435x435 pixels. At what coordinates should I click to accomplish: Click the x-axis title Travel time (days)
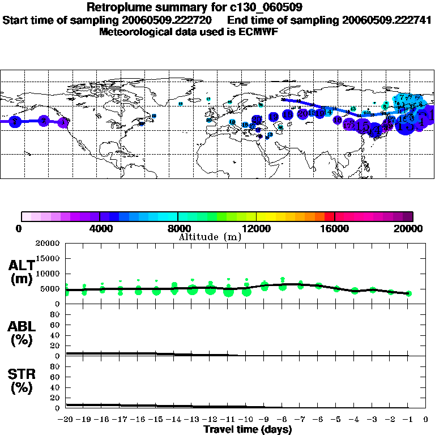[248, 429]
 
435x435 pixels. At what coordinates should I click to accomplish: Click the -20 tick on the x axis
[66, 419]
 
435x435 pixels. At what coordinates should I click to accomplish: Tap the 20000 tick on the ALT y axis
[49, 244]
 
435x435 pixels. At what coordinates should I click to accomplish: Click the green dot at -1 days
[408, 293]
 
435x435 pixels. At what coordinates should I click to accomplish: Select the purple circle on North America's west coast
[64, 122]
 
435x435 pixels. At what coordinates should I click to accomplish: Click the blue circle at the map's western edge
[16, 121]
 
